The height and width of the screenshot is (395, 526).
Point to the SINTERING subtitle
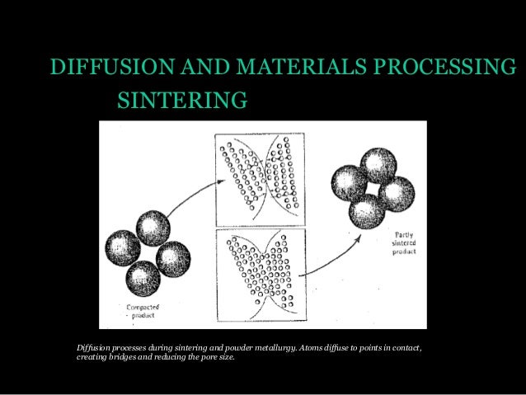(182, 101)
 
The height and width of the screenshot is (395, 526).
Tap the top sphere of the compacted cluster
(153, 225)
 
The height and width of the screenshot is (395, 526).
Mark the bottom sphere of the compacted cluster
(143, 278)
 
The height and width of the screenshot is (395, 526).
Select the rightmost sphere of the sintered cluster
(397, 194)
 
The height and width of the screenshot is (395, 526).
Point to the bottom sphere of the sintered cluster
(366, 212)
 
